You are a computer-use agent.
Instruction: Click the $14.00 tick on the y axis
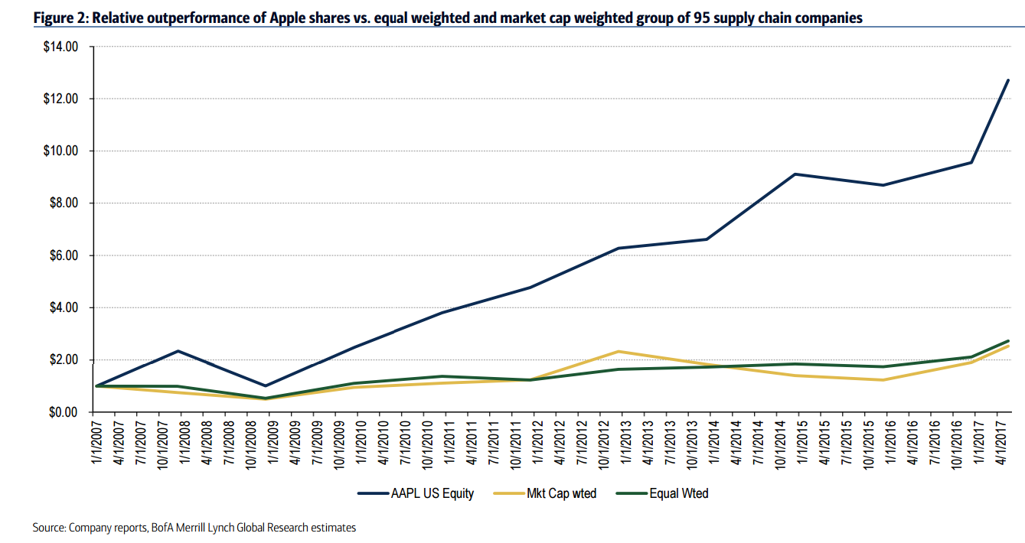click(60, 47)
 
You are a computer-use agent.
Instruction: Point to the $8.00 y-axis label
click(64, 203)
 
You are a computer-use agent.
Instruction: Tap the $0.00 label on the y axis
click(64, 412)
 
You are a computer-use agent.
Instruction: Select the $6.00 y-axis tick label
click(64, 255)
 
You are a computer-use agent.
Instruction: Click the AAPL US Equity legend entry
click(416, 493)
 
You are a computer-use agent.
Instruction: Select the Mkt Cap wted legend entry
click(545, 493)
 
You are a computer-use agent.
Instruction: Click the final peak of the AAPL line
click(1008, 80)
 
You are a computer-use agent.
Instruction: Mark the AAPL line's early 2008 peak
click(178, 351)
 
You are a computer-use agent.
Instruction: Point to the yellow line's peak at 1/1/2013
click(619, 352)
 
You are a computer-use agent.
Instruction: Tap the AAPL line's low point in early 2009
click(266, 385)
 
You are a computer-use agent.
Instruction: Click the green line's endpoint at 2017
click(1008, 341)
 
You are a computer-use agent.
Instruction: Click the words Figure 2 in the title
click(61, 18)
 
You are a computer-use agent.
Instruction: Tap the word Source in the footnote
click(49, 528)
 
